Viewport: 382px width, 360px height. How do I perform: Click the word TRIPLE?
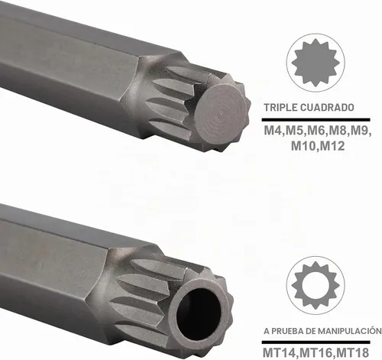pos(280,107)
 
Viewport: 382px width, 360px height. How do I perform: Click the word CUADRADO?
pos(327,107)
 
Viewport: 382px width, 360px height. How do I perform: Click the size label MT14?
pos(279,352)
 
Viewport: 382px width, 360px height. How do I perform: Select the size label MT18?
pos(352,352)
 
